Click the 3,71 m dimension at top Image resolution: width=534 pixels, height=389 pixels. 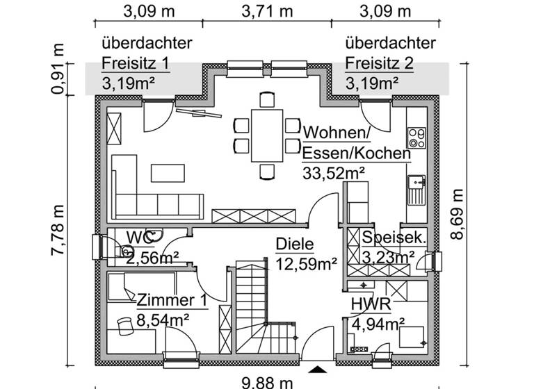point(267,11)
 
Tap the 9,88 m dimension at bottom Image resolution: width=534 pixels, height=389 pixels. point(267,381)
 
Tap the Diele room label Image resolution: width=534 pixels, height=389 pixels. point(296,245)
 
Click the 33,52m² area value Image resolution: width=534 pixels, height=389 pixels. point(334,173)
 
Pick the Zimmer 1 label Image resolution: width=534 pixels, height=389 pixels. point(171,301)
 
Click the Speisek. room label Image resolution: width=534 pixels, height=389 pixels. point(394,238)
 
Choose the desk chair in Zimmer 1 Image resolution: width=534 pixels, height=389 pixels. point(126,326)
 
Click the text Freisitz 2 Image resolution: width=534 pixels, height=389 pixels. point(379,64)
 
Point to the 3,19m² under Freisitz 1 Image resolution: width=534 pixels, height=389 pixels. point(128,84)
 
